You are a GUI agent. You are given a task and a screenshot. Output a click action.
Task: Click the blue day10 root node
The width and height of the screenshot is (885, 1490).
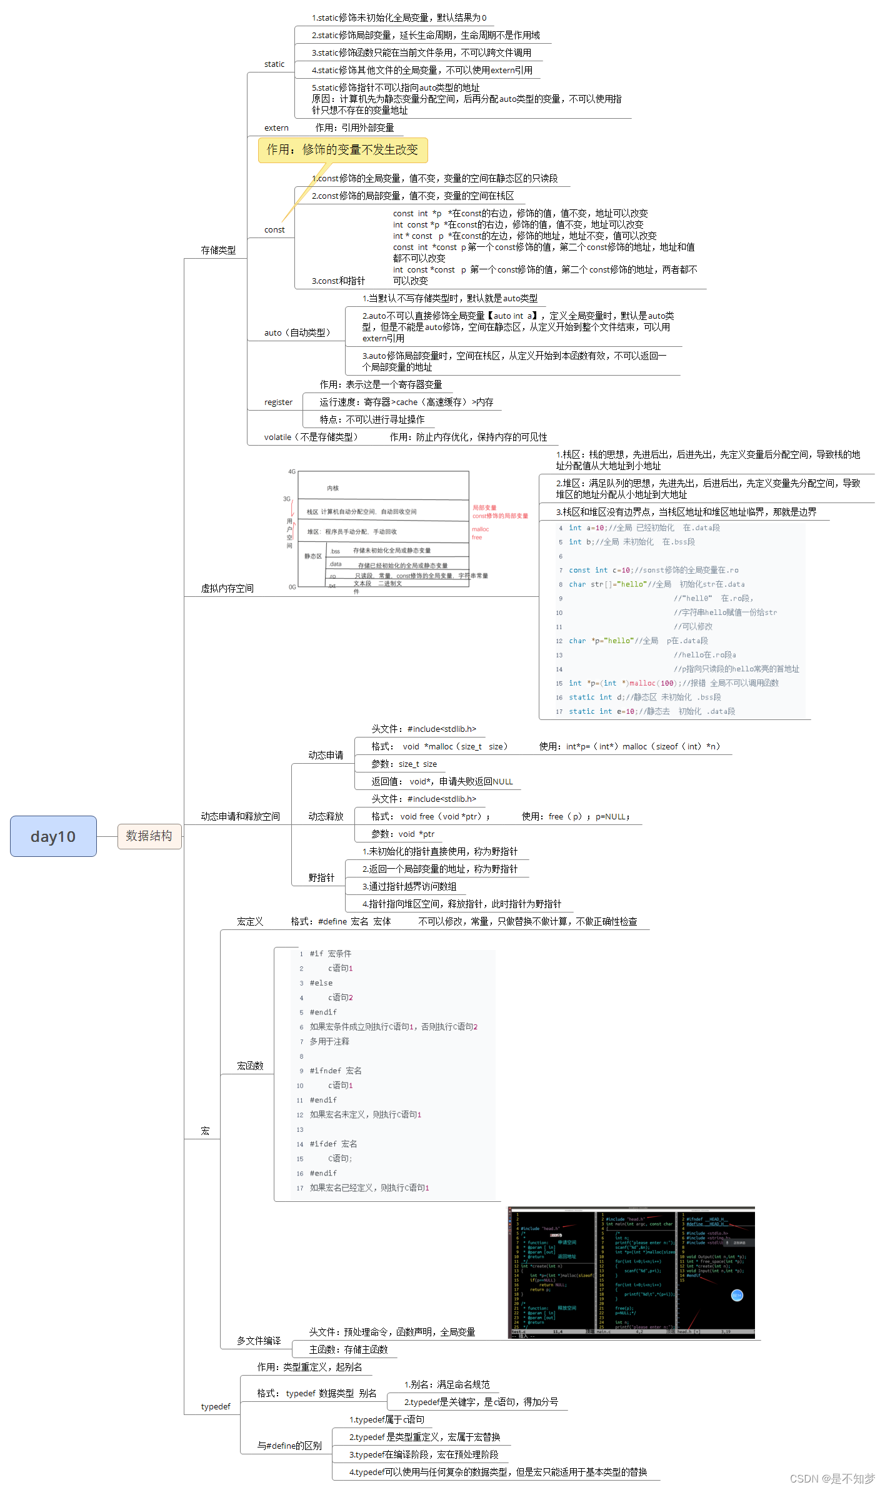point(53,836)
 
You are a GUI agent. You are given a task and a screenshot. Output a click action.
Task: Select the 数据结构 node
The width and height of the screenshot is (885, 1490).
point(149,836)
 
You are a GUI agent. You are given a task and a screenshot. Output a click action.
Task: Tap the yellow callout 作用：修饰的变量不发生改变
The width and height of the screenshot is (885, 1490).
point(342,150)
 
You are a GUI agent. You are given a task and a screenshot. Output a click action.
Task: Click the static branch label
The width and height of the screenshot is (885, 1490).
point(274,64)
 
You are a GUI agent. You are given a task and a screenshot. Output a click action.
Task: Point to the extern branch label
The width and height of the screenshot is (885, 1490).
point(276,128)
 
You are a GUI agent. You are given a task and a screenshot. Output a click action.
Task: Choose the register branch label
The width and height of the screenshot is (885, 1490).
point(278,402)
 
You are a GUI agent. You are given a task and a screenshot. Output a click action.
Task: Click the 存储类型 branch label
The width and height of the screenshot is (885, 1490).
point(218,251)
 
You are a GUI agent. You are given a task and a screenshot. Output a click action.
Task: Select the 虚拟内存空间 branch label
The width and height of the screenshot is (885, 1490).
point(227,589)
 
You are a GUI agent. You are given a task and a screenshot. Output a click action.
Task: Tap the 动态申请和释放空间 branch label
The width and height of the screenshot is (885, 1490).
point(240,817)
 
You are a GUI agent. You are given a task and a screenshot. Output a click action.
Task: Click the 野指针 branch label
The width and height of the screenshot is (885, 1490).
point(321,878)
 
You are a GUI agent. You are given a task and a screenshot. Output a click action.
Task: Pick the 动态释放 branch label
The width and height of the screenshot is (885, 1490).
point(326,817)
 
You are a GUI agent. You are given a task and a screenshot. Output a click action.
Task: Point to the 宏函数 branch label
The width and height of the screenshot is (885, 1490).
point(250,1066)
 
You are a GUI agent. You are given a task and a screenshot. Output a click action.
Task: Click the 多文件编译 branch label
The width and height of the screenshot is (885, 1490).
point(259,1341)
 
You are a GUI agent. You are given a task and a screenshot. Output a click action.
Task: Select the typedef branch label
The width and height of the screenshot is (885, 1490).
point(216,1407)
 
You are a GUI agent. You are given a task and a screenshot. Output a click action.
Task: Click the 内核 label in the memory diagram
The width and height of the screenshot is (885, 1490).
point(332,488)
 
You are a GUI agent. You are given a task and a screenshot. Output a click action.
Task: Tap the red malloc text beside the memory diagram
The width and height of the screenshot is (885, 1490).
point(480,529)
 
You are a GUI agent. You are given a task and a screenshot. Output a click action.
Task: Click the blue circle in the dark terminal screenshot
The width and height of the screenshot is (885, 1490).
point(737,1296)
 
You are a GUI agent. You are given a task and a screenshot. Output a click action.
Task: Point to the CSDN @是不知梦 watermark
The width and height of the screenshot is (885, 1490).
point(832,1479)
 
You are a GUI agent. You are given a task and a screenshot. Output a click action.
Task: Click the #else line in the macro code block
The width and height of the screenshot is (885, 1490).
point(321,983)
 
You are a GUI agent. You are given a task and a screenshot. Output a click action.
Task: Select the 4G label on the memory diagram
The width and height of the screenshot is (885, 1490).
point(292,472)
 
